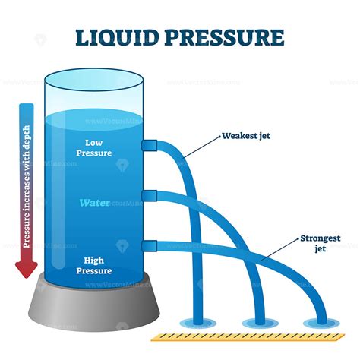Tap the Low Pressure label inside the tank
(x=93, y=147)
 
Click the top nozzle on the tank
(x=149, y=145)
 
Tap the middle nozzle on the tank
(x=149, y=197)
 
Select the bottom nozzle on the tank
(x=149, y=245)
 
